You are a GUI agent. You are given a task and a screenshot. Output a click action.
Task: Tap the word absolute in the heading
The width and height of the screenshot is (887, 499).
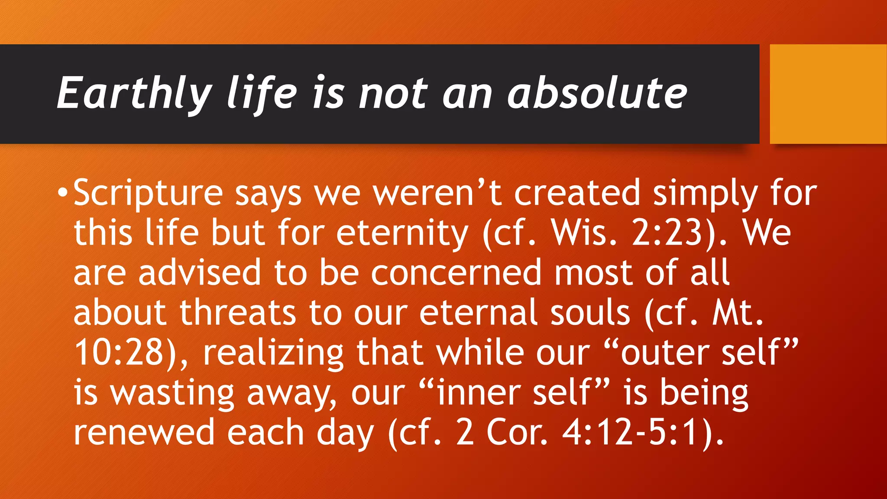coord(597,93)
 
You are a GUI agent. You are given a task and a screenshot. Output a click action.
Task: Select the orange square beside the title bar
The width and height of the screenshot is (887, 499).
coord(828,94)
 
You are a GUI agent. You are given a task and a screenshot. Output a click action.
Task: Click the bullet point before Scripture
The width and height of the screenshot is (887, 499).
coord(63,191)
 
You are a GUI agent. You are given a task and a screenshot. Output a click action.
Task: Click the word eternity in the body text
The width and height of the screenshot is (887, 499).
coord(402,233)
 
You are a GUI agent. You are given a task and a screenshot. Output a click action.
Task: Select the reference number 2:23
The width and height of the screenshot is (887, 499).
coord(667,233)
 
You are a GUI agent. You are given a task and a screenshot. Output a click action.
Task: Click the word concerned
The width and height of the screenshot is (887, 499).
coord(456,273)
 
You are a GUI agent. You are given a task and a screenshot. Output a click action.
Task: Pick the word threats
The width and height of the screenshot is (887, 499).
coord(238,313)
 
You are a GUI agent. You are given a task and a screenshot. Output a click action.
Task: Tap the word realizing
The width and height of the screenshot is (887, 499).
coord(273,353)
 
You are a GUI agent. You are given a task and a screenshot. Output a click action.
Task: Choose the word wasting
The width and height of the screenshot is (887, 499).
coord(172,393)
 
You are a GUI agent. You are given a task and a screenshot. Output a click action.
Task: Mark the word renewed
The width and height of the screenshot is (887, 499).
coord(144,432)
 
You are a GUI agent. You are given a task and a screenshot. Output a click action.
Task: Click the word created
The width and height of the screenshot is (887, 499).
coord(577,192)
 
